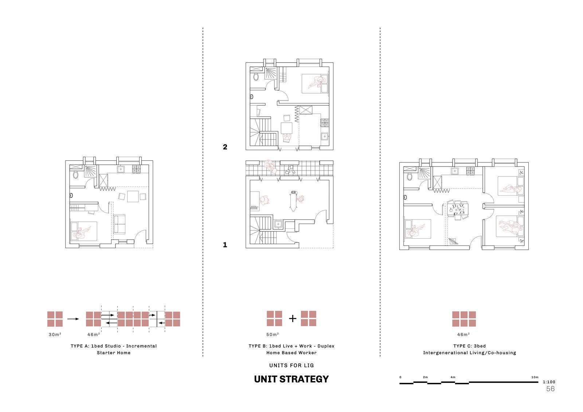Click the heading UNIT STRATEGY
pos(291,379)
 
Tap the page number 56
pos(551,389)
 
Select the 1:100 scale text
pos(549,382)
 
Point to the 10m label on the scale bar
pos(535,377)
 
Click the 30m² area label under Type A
pos(55,334)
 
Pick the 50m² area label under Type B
pos(273,334)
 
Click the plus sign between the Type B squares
pos(293,319)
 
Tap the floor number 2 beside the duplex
pos(225,147)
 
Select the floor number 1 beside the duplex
pos(225,245)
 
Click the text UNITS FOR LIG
pos(291,365)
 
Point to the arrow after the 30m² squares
pos(73,319)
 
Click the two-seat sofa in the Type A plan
pos(120,224)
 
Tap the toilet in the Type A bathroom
pos(75,174)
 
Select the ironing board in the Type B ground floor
pos(293,201)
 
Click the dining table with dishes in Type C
pos(458,210)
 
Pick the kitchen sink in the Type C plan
pos(455,171)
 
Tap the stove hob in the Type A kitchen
pos(136,169)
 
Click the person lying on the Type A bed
pos(82,232)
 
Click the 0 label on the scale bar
pos(400,377)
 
